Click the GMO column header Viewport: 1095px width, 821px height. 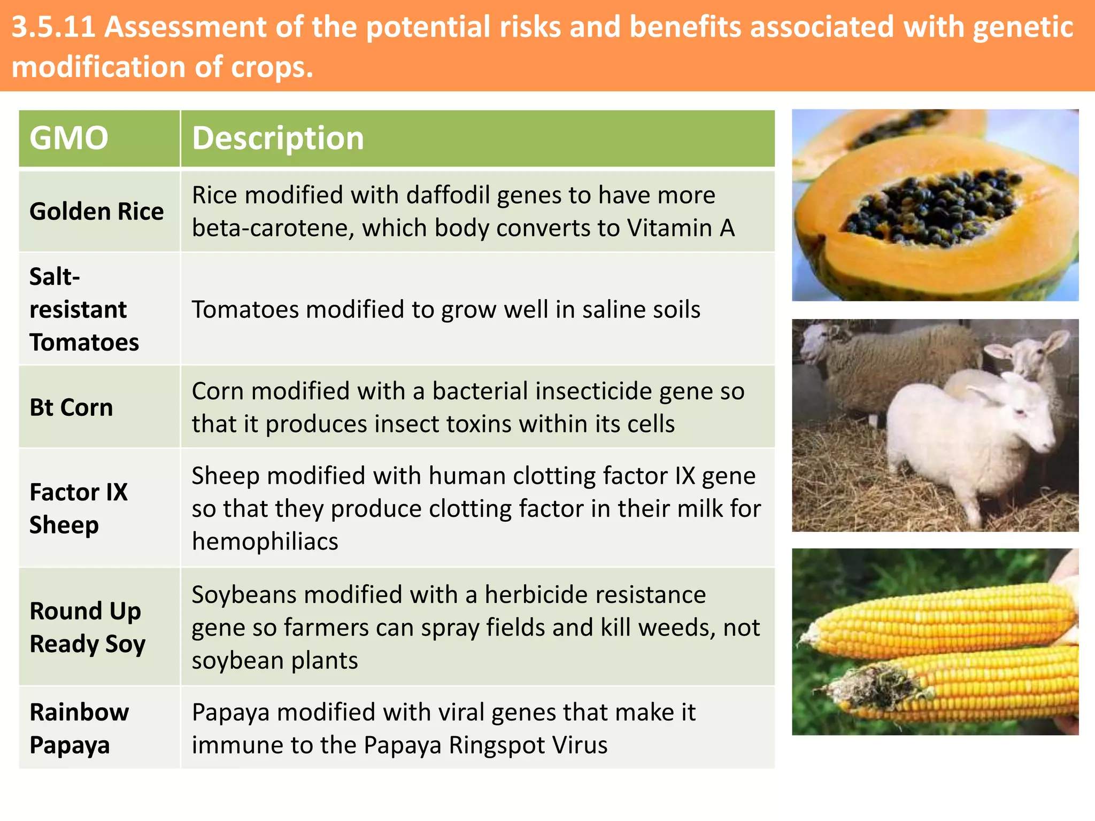click(68, 138)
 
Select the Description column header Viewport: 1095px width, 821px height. click(277, 138)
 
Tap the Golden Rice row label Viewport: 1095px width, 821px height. click(96, 212)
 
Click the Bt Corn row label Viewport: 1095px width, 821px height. click(71, 408)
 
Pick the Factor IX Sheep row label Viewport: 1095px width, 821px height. click(78, 508)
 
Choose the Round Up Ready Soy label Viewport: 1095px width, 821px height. click(87, 628)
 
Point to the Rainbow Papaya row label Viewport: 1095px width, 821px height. click(79, 729)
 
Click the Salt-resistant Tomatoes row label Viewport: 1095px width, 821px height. click(83, 309)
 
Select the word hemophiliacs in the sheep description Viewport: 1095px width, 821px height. click(265, 541)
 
